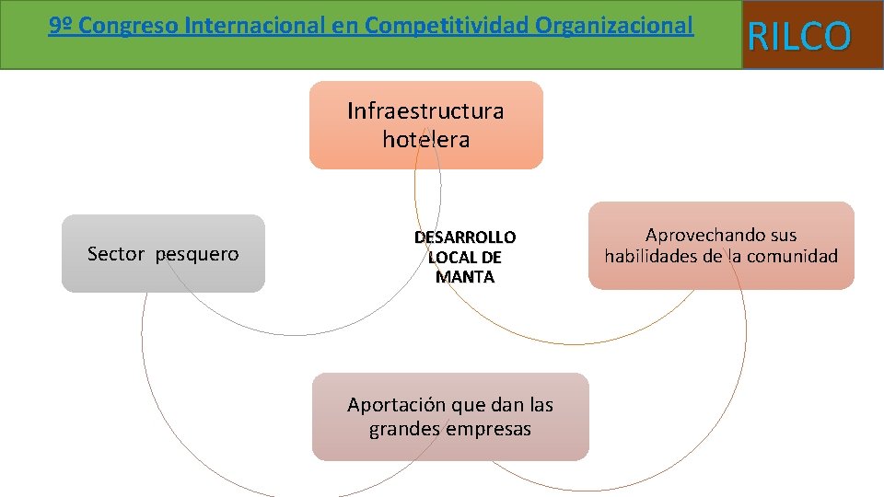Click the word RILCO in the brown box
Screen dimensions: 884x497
pyautogui.click(x=799, y=36)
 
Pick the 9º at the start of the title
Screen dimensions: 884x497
pyautogui.click(x=60, y=26)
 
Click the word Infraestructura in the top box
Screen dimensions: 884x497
pyautogui.click(x=425, y=111)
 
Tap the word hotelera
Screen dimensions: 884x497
pyautogui.click(x=425, y=140)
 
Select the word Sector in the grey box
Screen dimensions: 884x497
pyautogui.click(x=116, y=254)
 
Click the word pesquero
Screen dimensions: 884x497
pyautogui.click(x=197, y=255)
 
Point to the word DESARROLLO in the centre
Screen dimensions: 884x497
pyautogui.click(x=464, y=237)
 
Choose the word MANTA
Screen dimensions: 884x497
pyautogui.click(x=464, y=277)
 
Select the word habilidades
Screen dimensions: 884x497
pyautogui.click(x=650, y=256)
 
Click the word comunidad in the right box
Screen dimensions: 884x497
pyautogui.click(x=795, y=256)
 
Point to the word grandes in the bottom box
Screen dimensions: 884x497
pyautogui.click(x=404, y=430)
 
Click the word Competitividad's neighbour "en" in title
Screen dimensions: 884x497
pyautogui.click(x=346, y=26)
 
